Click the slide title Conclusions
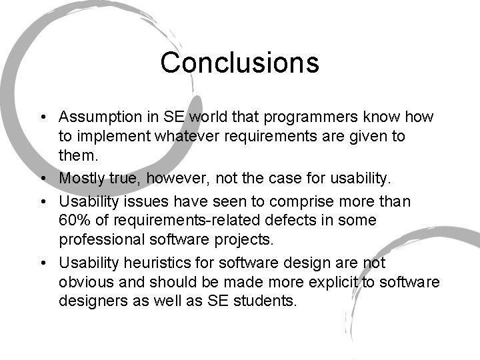pyautogui.click(x=239, y=63)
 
